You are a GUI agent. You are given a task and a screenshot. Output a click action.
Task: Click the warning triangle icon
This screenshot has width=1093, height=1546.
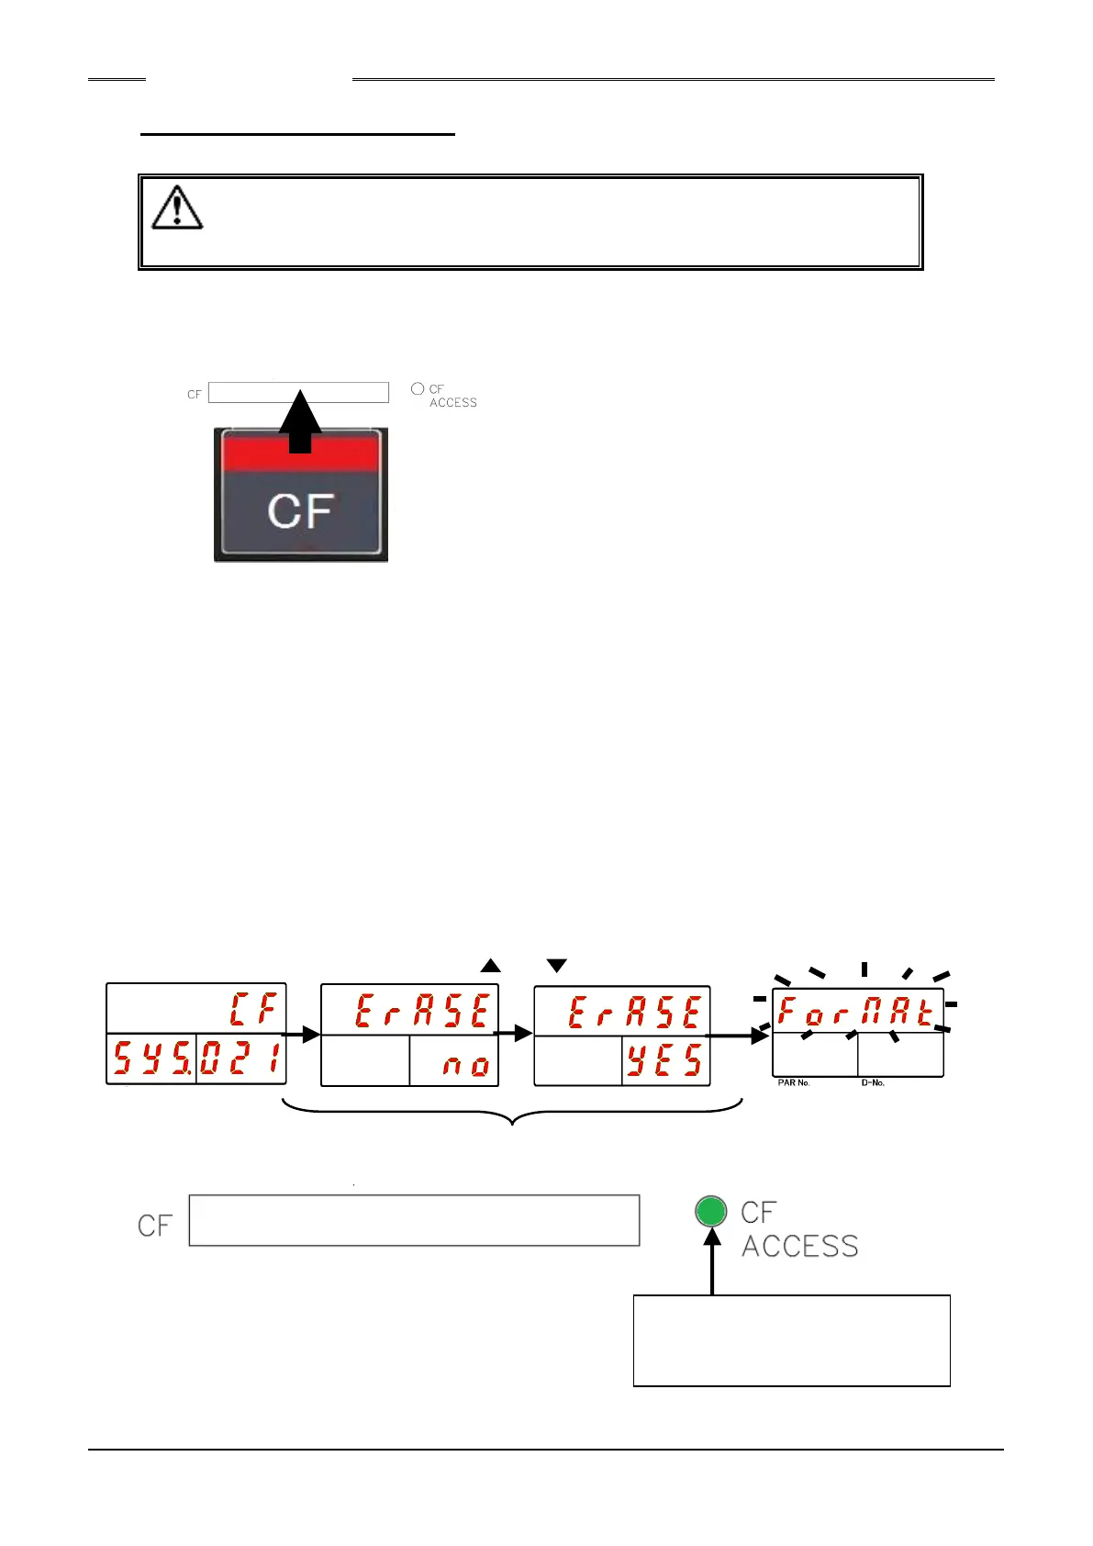click(177, 207)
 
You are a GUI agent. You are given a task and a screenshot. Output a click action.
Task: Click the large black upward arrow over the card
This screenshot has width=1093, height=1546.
click(300, 422)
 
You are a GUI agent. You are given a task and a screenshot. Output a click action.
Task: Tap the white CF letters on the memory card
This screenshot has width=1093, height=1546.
click(300, 510)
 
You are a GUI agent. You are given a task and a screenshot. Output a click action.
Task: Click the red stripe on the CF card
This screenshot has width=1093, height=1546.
click(300, 453)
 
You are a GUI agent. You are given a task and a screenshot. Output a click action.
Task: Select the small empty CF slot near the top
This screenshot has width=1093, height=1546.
click(298, 393)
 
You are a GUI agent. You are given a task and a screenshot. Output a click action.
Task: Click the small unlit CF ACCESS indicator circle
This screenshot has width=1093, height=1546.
click(418, 389)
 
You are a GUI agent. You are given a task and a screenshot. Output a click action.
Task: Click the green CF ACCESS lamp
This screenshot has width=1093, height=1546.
click(711, 1211)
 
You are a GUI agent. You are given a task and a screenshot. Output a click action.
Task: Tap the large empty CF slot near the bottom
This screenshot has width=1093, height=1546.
click(414, 1220)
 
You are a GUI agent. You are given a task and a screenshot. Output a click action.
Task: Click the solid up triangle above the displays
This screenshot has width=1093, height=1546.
click(491, 965)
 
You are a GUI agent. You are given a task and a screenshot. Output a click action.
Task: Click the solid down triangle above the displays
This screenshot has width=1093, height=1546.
click(556, 966)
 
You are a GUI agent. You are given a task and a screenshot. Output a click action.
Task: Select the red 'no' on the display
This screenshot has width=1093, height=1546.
click(465, 1065)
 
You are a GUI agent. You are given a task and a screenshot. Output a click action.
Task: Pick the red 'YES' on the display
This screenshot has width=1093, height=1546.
click(665, 1061)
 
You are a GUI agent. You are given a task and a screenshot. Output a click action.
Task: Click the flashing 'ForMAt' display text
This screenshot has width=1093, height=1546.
click(857, 1012)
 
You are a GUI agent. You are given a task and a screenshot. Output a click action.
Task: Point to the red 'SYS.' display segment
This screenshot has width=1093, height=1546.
click(151, 1059)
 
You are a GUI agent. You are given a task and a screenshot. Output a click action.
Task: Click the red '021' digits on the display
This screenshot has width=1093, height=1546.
click(240, 1059)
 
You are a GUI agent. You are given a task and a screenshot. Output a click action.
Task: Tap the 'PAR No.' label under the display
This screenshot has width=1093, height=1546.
click(794, 1083)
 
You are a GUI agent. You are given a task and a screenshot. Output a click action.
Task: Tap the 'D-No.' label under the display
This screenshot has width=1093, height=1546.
click(873, 1083)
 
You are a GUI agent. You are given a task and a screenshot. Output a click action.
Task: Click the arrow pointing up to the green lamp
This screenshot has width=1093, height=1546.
click(712, 1262)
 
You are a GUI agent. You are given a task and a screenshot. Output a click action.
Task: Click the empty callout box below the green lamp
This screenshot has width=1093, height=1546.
click(791, 1340)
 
